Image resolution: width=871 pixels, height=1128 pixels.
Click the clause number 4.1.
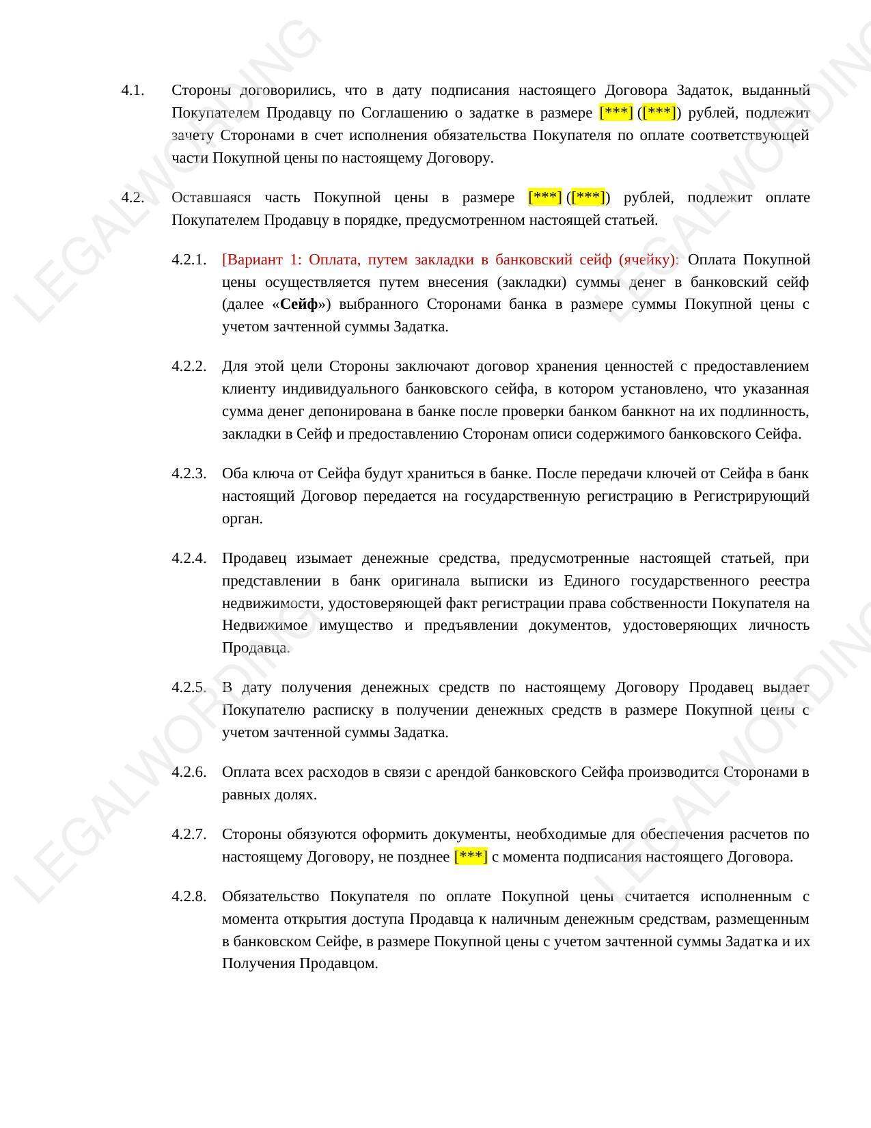(133, 91)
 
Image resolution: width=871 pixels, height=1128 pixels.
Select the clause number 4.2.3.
(189, 474)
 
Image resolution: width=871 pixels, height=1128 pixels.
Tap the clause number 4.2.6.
(189, 773)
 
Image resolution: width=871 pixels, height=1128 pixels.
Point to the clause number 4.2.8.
(189, 897)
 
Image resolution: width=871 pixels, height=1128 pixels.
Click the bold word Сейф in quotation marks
(299, 305)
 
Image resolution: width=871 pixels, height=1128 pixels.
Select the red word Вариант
(257, 260)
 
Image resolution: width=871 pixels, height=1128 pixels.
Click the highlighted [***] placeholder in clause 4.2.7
(471, 857)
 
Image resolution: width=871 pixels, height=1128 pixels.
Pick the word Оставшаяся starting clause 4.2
(211, 198)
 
